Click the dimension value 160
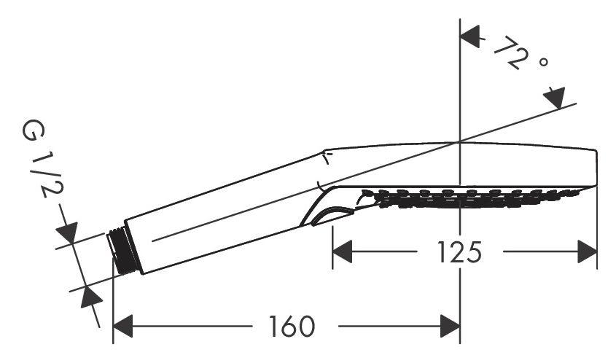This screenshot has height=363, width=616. click(x=292, y=326)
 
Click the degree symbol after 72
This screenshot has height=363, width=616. click(x=543, y=62)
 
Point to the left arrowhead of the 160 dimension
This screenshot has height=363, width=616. click(x=122, y=326)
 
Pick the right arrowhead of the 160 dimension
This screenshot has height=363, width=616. click(x=451, y=326)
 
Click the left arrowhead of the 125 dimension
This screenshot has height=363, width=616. click(x=342, y=251)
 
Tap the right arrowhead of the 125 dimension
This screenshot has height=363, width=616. click(x=588, y=251)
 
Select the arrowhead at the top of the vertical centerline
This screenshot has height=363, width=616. click(x=470, y=36)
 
